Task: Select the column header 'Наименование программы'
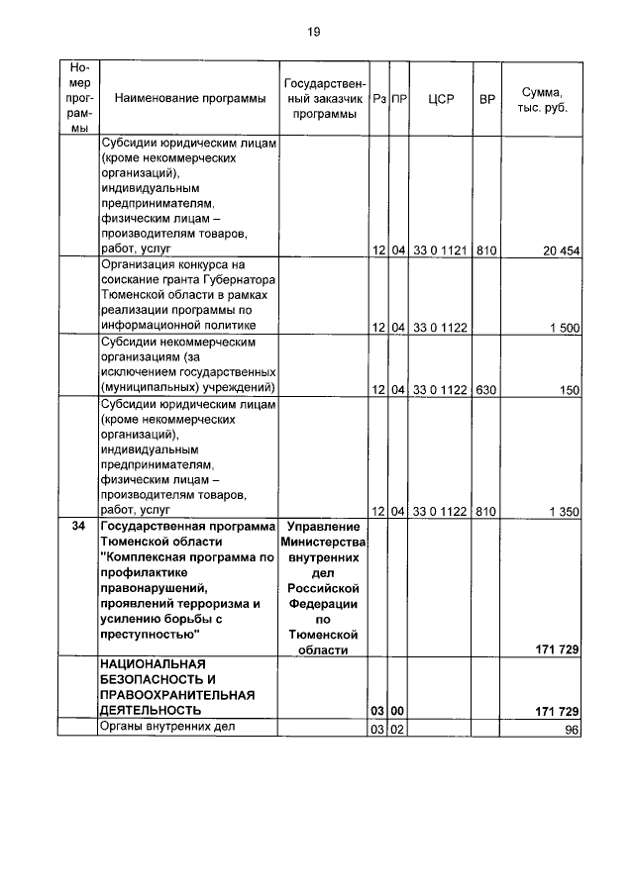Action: coord(189,98)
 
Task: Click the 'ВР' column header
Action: coord(486,98)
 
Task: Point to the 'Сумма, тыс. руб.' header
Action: coord(542,98)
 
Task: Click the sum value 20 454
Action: coord(560,251)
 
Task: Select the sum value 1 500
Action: coord(564,328)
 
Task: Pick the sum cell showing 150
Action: coord(569,390)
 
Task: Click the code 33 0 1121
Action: coord(440,251)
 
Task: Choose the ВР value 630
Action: coord(486,390)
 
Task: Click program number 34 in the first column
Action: coord(78,527)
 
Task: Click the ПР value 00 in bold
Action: coord(398,711)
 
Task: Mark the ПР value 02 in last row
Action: coord(398,730)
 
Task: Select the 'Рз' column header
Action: coord(378,98)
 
